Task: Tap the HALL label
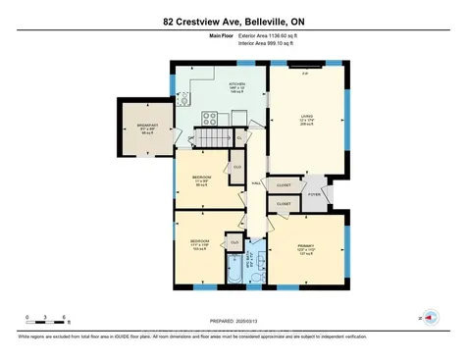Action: click(x=255, y=182)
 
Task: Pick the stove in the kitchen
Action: click(x=210, y=119)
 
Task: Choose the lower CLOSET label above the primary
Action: click(x=283, y=203)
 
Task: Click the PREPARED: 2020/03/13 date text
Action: click(x=233, y=321)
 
